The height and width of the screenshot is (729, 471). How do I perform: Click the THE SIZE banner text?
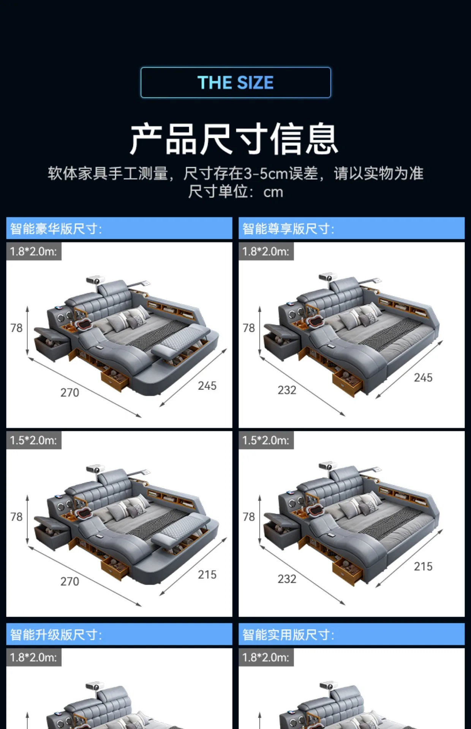coord(235,82)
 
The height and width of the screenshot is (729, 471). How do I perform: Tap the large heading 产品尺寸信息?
coord(234,139)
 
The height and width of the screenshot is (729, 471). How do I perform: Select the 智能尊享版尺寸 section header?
coord(288,229)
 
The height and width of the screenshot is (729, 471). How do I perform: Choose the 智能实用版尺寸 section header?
coord(288,634)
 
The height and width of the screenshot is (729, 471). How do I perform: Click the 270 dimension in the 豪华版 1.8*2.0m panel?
coord(70,393)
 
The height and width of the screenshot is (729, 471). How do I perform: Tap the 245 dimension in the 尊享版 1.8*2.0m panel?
coord(423,377)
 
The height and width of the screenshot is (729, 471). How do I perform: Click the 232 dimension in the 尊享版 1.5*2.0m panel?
coord(287,579)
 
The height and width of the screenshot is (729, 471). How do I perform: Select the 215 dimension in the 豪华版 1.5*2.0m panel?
coord(207,574)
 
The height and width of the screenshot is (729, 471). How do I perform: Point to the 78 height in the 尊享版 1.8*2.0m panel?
coord(249,328)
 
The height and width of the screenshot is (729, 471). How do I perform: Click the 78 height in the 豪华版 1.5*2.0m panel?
coord(16,517)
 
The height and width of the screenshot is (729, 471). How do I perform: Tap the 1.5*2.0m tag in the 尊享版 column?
coord(266,440)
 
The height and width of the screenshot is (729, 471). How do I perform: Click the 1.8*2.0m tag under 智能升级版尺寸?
coord(34,657)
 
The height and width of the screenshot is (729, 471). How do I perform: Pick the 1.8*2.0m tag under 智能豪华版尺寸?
coord(34,251)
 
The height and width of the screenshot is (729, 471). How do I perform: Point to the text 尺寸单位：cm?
coord(235,192)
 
